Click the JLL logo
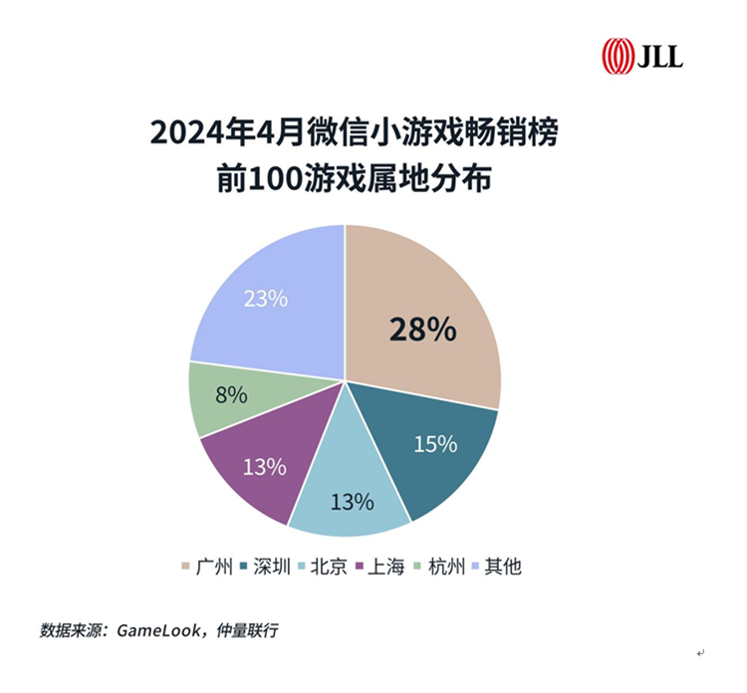pos(641,56)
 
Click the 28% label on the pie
pos(422,330)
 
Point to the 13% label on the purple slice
pos(265,466)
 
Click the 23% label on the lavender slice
pos(265,297)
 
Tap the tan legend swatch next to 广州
pos(186,568)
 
